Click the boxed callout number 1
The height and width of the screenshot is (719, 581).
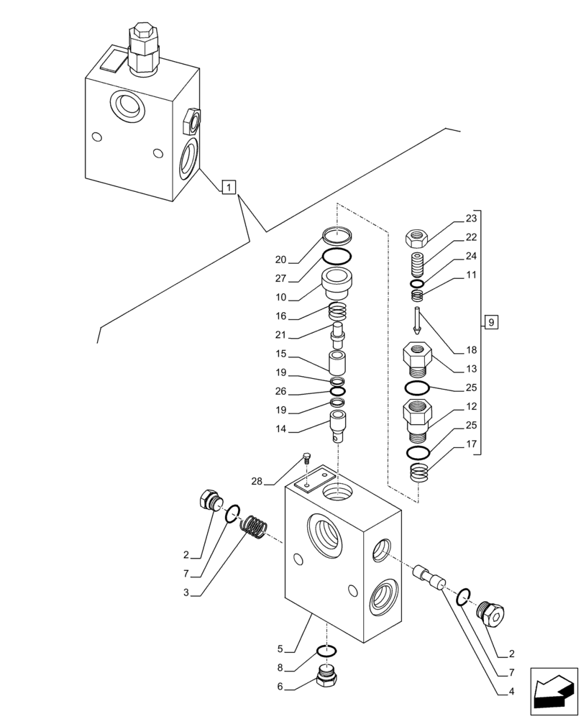coord(227,188)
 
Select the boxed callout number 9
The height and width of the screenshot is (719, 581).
coord(490,322)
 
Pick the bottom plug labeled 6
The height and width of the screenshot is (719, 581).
coord(329,676)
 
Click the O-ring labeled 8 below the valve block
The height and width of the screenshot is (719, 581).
coord(327,652)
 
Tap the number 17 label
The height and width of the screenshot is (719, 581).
coord(471,444)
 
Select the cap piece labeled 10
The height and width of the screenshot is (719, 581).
coord(337,283)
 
